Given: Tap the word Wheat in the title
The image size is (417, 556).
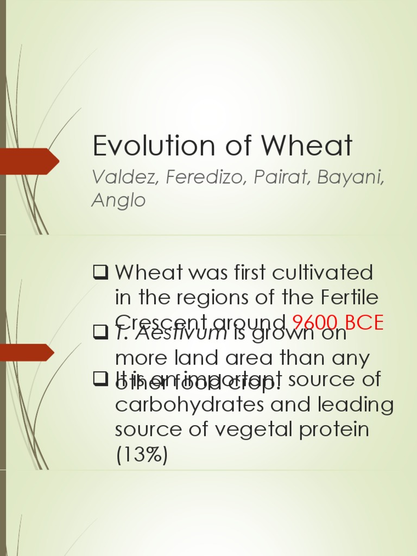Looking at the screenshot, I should coord(307,146).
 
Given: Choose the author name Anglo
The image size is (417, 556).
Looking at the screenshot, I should coord(118,200).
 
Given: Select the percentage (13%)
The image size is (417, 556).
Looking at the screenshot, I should coord(142,454).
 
